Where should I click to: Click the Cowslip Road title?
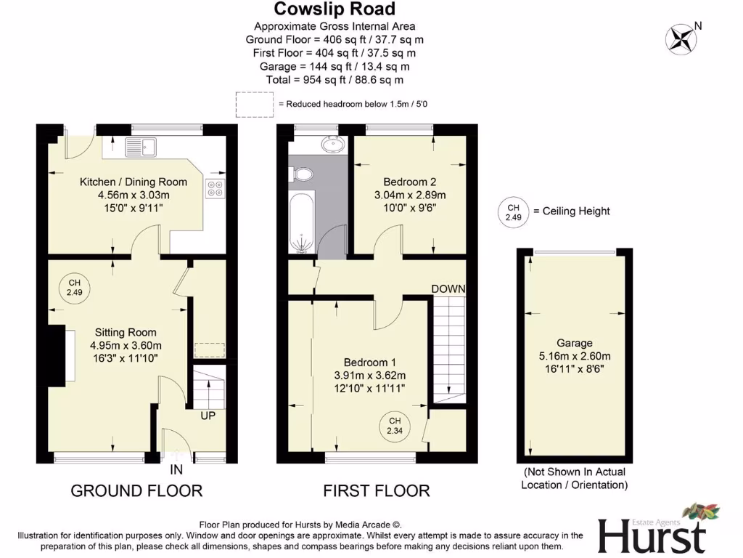point(334,9)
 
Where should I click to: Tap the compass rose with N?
point(681,38)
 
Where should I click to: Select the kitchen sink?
point(141,147)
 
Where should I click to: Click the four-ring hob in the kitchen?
point(215,189)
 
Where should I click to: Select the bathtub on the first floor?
point(300,222)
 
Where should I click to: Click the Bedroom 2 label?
point(409,182)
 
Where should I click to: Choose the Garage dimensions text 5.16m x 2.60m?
point(574,356)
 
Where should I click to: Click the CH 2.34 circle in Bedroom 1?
point(395,426)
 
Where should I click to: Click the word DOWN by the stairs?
point(448,288)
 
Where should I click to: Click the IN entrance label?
point(176,470)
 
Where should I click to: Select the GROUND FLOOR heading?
point(136,490)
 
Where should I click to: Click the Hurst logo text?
point(651,536)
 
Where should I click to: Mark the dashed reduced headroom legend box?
point(253,104)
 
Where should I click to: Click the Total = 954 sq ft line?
point(334,80)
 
